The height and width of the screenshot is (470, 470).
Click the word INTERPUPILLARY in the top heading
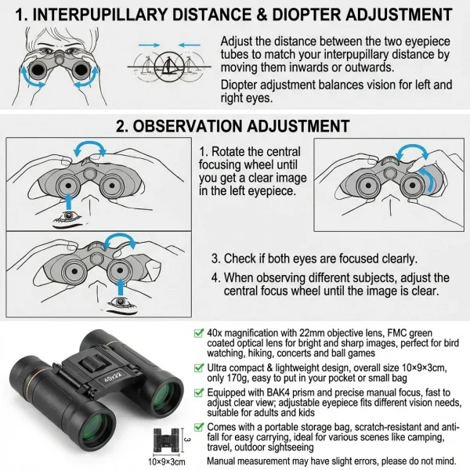(99, 14)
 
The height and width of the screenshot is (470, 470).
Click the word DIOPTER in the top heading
(306, 14)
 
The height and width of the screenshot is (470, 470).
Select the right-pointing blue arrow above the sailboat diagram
(150, 45)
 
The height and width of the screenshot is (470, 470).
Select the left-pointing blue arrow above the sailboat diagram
(189, 45)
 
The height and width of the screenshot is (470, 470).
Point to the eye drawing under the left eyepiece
(69, 218)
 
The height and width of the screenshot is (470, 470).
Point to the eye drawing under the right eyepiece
(121, 305)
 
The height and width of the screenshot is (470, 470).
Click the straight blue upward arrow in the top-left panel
(69, 201)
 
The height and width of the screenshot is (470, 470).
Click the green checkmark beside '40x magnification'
(199, 333)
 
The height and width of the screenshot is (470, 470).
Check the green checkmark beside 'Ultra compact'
(199, 367)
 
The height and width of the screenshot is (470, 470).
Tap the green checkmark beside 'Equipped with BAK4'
(199, 392)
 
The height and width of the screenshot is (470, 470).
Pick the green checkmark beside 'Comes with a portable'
(199, 427)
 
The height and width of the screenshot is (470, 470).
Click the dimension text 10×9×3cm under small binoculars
(167, 462)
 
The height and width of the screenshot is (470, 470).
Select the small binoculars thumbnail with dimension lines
(167, 440)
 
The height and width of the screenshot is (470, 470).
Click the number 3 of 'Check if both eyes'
(215, 258)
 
